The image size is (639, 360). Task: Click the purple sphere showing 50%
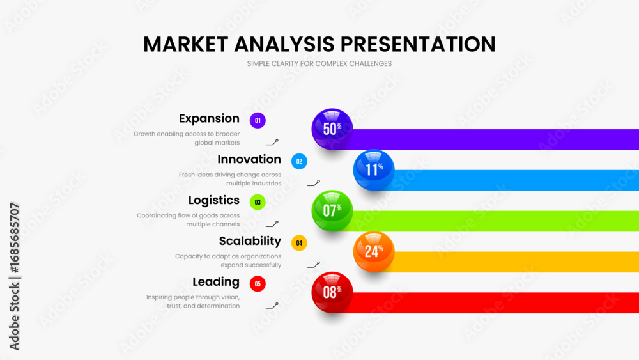click(332, 129)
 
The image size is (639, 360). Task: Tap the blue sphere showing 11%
click(374, 169)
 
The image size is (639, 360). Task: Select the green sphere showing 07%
click(332, 211)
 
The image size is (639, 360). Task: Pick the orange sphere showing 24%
click(374, 251)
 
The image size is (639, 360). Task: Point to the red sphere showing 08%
click(332, 292)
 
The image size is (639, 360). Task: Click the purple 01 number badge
click(258, 121)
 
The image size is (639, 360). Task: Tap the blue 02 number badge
click(299, 161)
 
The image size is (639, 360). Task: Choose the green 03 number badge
click(258, 202)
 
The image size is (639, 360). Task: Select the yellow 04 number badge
click(299, 243)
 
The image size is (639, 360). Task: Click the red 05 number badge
click(258, 284)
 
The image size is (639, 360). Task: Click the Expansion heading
click(209, 119)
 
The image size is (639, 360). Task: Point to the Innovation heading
click(249, 159)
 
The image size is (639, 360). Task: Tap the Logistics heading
click(214, 200)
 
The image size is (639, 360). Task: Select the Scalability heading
click(250, 241)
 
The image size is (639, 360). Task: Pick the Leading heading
click(216, 282)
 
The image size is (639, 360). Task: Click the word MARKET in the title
click(185, 44)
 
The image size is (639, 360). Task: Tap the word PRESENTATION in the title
click(418, 44)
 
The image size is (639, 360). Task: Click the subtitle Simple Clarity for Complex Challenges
click(319, 63)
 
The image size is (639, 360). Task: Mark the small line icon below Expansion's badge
click(272, 143)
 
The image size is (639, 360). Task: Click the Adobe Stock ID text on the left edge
click(14, 276)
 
